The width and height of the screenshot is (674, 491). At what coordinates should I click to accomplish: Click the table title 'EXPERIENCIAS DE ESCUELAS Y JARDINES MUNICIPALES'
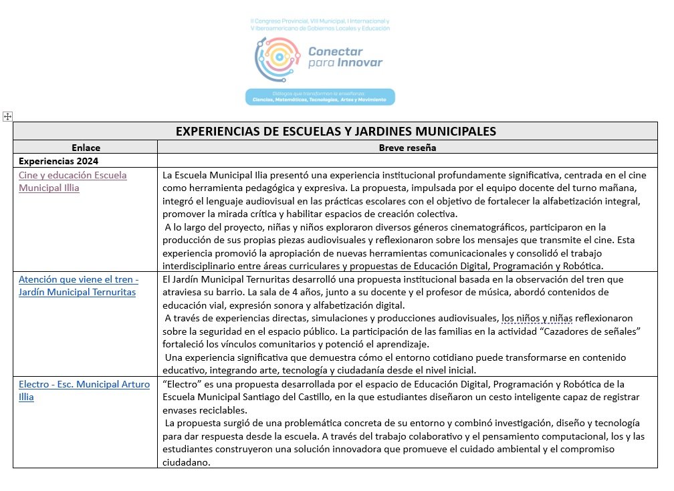click(x=336, y=131)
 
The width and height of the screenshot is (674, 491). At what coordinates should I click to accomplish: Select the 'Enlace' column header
click(x=86, y=148)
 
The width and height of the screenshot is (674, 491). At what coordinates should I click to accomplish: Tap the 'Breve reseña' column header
click(x=407, y=148)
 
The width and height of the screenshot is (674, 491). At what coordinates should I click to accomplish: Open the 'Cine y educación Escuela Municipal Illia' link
click(x=72, y=181)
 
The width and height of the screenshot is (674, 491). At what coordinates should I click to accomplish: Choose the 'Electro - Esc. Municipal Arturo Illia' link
click(x=84, y=391)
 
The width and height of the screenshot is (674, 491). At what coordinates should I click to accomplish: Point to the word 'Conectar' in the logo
click(x=335, y=51)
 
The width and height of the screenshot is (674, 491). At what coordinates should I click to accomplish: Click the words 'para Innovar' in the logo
click(x=345, y=63)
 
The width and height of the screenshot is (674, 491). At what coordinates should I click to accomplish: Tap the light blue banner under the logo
click(x=320, y=97)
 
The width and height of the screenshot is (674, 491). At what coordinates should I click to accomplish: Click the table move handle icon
click(x=8, y=116)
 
